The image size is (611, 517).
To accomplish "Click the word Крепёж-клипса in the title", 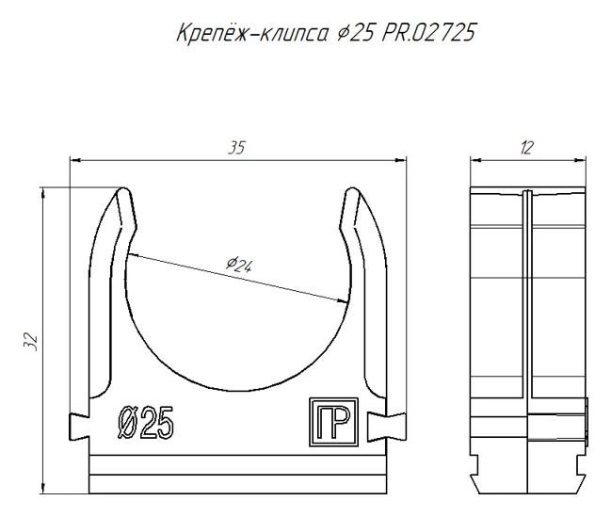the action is point(252,32).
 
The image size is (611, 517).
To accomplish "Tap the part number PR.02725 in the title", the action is point(427,32).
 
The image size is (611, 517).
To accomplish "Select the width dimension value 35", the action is point(237,148).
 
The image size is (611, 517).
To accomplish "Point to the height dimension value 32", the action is point(30,343).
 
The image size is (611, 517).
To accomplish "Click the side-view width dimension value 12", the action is point(526,148).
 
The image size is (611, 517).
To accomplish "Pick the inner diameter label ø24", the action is point(239,265).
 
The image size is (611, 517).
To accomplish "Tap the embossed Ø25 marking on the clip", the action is point(145,423).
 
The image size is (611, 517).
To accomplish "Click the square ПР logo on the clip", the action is point(333,422).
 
